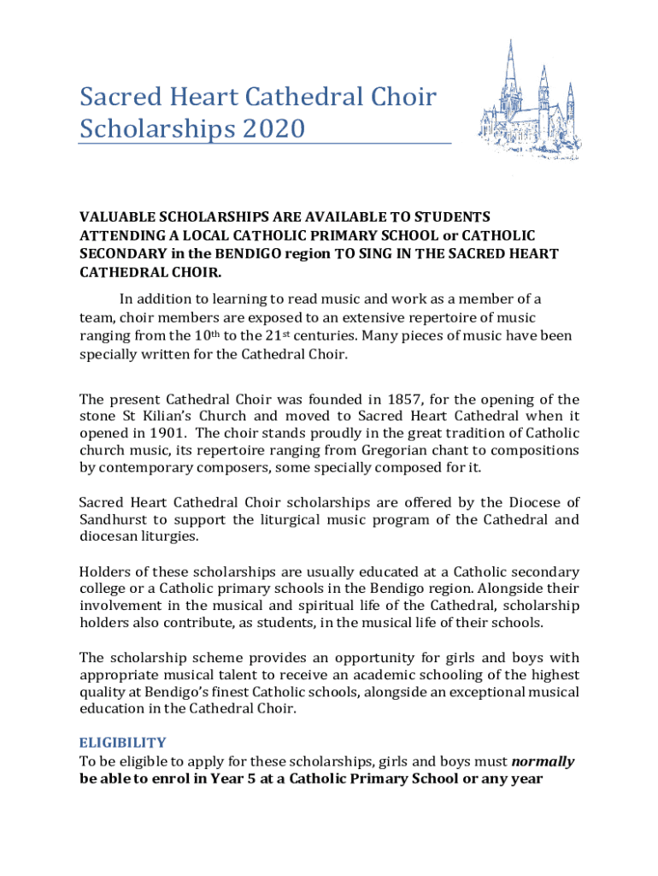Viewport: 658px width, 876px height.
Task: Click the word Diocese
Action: (532, 501)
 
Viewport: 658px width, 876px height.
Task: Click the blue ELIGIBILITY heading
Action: (122, 743)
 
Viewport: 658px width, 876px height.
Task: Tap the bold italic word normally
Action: (543, 761)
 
